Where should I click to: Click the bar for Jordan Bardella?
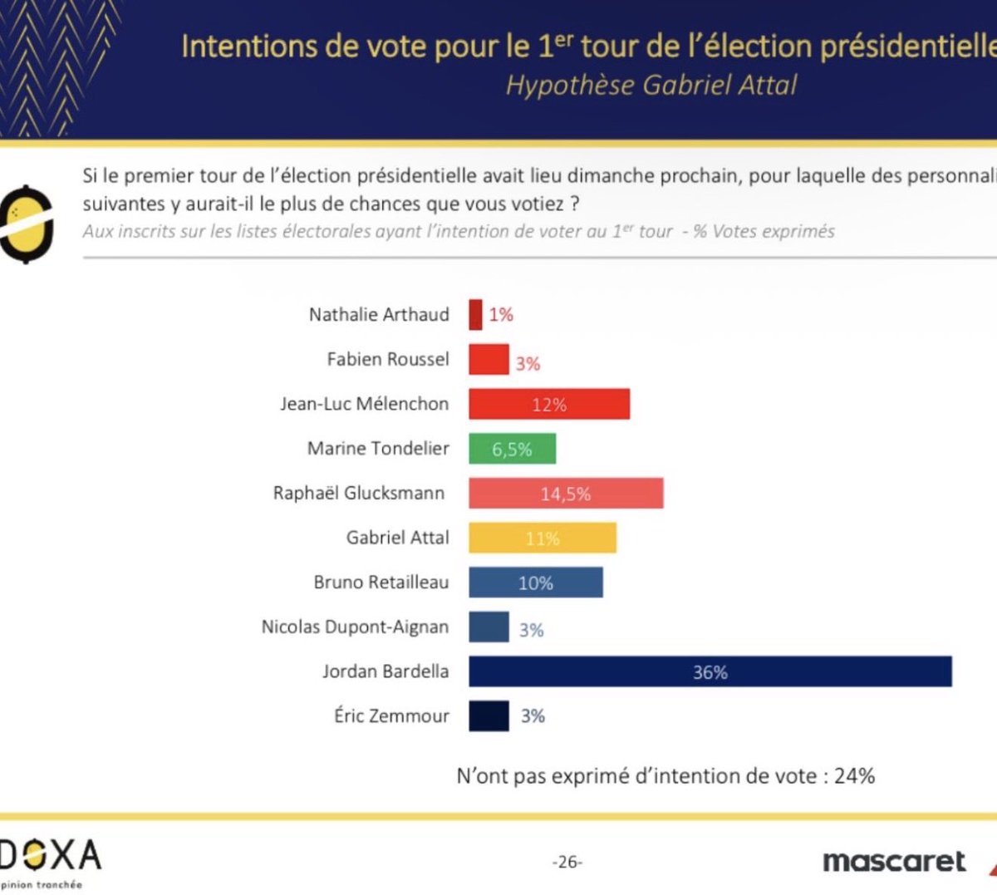[x=710, y=671]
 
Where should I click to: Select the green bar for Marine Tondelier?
[x=512, y=449]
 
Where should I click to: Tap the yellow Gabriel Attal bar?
[x=542, y=538]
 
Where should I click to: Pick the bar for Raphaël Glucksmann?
[x=565, y=494]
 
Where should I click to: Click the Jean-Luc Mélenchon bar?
[x=548, y=404]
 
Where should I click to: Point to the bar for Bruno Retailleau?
[x=535, y=583]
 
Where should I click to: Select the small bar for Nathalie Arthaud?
[x=475, y=315]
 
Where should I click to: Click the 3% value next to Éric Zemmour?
[x=533, y=716]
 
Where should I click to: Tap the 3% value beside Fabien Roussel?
[x=528, y=363]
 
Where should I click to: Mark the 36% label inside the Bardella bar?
[x=710, y=672]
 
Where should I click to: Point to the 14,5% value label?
[x=566, y=494]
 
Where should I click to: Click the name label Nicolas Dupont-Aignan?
[x=355, y=627]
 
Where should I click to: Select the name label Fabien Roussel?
[x=387, y=359]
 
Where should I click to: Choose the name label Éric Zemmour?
[x=391, y=716]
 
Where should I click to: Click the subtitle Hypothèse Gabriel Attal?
[x=651, y=85]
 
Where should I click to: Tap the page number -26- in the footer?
[x=567, y=862]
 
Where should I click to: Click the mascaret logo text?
[x=894, y=862]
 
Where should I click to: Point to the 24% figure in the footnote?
[x=854, y=776]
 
